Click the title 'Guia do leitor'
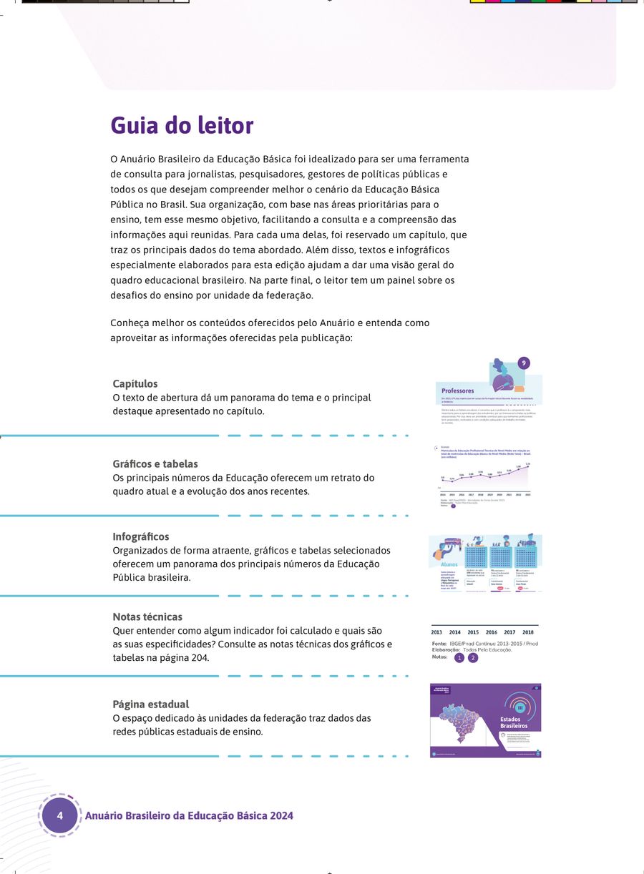pos(182,125)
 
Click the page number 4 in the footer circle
pos(60,815)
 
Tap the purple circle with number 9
pos(525,363)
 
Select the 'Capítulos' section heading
pos(135,384)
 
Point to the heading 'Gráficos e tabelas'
pos(155,464)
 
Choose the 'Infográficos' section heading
pos(141,536)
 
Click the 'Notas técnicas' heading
pos(147,617)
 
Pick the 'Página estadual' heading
pos(151,704)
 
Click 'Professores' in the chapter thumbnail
pos(458,391)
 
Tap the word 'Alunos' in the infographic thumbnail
pos(449,564)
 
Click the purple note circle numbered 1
pos(459,658)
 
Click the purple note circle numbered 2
pos(473,658)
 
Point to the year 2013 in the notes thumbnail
pos(436,632)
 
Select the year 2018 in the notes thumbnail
pos(528,632)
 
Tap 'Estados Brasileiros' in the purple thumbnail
pos(514,722)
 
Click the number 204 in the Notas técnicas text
pos(200,658)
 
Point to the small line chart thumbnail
pos(485,476)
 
